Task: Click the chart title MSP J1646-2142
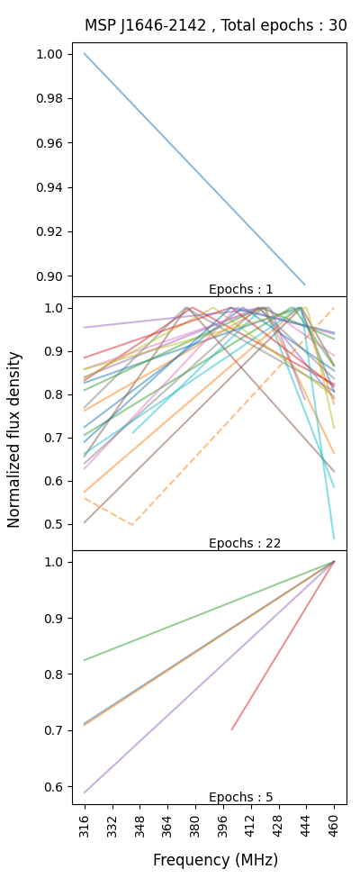coord(215,25)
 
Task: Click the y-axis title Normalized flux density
coord(14,439)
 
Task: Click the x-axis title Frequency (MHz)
coord(215,860)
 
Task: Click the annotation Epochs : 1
coord(240,289)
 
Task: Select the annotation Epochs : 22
coord(244,543)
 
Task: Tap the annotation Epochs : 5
coord(240,797)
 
